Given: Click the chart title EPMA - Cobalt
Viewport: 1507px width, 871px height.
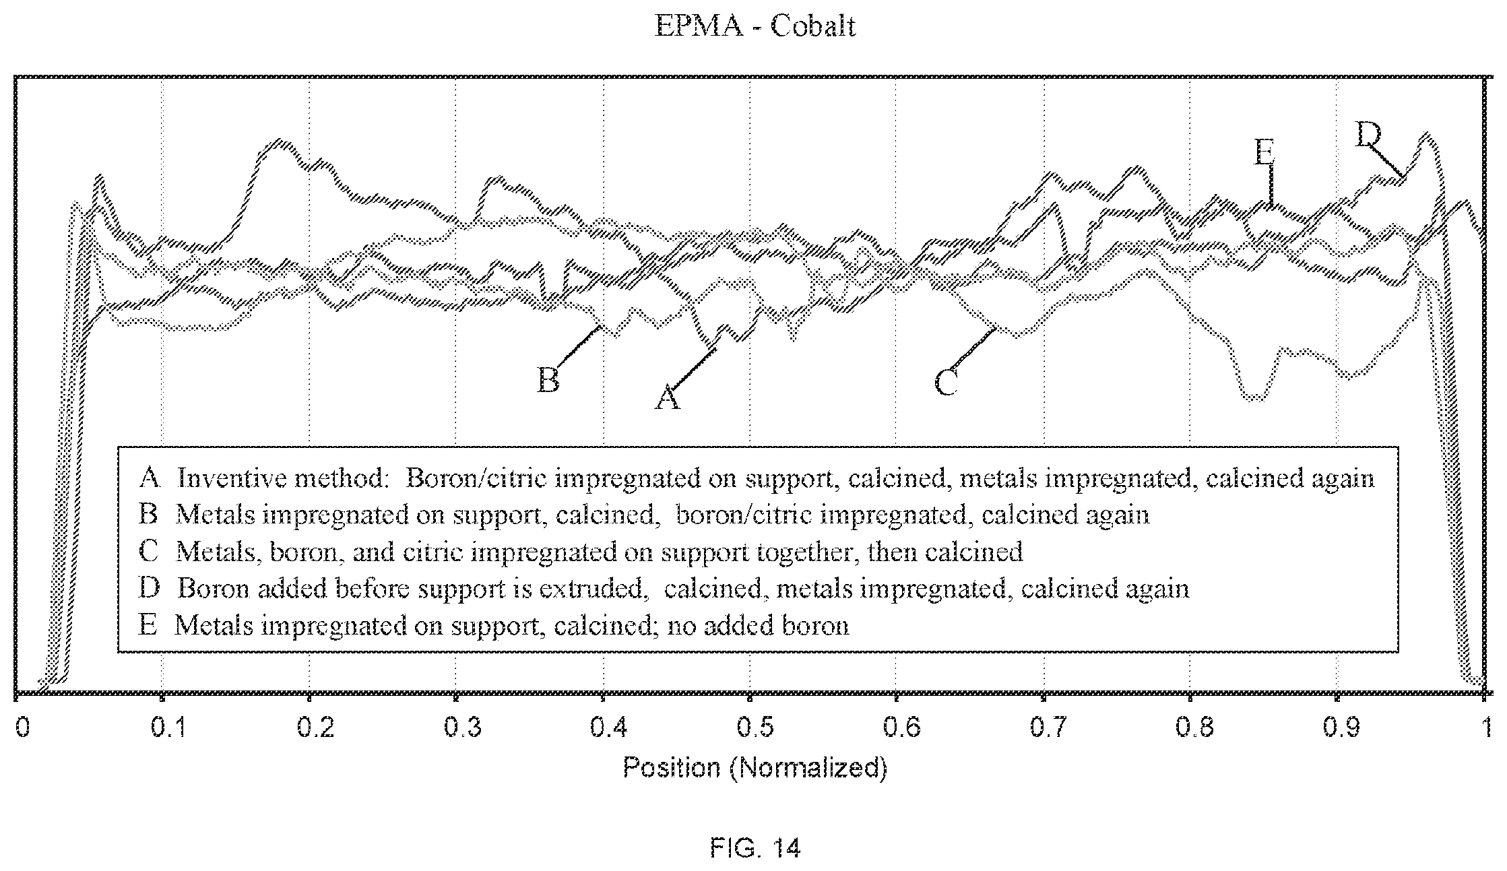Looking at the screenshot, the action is pos(755,26).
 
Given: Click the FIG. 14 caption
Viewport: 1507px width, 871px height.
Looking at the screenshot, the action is pos(755,847).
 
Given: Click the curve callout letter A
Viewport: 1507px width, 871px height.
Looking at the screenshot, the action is pos(668,397).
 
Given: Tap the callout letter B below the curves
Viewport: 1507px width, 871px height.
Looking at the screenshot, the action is pos(548,380).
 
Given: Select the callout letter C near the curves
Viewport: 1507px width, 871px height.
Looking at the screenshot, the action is pos(945,383).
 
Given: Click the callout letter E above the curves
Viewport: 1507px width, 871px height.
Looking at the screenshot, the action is pos(1264,153).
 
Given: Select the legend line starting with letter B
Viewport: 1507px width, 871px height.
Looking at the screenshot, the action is pos(643,515).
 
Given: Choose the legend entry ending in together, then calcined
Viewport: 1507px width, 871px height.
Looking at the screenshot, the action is pos(581,552).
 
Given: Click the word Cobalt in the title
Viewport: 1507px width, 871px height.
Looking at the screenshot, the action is pos(813,26).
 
